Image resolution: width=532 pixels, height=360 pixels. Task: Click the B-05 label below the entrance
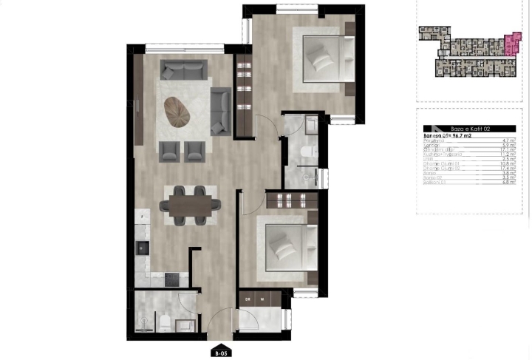coord(220,352)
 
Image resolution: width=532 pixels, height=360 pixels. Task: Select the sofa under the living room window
coord(185,70)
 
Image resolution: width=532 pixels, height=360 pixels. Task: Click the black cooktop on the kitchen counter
coord(171,279)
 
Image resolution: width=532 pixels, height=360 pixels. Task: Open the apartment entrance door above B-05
coord(219,324)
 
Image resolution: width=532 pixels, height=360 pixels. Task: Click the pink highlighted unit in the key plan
coord(512,46)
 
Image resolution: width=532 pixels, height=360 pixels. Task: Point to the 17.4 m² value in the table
coord(508,169)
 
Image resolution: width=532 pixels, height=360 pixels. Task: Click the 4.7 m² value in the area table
coord(508,140)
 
